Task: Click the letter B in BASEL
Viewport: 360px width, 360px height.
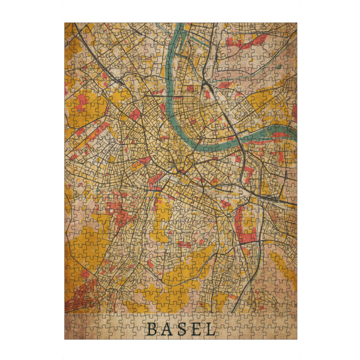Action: pos(152,329)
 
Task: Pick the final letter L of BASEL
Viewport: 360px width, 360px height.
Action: pos(211,329)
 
